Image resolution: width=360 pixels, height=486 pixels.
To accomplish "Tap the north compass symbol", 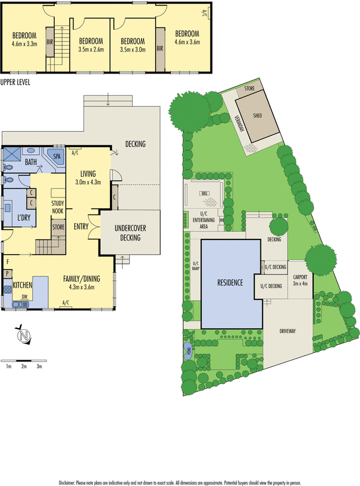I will pyautogui.click(x=23, y=335).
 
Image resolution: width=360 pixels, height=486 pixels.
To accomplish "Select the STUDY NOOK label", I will pyautogui.click(x=58, y=207).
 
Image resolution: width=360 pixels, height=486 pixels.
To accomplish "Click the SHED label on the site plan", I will pyautogui.click(x=257, y=115).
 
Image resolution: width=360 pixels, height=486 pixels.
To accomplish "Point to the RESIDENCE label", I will pyautogui.click(x=229, y=282).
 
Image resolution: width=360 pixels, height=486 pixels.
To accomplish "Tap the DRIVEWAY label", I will pyautogui.click(x=288, y=331).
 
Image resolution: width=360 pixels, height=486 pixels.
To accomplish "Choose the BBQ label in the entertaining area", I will pyautogui.click(x=205, y=194).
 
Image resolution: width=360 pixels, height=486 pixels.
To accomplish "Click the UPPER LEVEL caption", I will pyautogui.click(x=15, y=81).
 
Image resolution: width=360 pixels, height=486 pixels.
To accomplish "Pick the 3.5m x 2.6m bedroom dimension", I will pyautogui.click(x=92, y=50).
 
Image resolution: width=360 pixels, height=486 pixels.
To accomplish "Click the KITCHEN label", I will pyautogui.click(x=22, y=284).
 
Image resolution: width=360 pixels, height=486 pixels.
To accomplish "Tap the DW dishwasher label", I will pyautogui.click(x=24, y=296).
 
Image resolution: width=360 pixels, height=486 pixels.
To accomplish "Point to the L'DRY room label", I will pyautogui.click(x=25, y=217).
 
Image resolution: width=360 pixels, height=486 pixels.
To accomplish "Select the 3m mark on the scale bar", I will pyautogui.click(x=39, y=367).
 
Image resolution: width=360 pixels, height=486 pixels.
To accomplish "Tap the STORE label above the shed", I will pyautogui.click(x=249, y=89).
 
